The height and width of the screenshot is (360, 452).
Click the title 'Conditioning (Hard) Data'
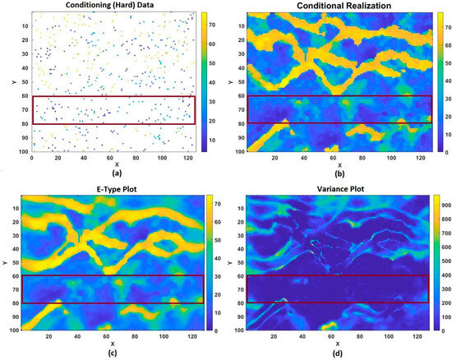click(x=112, y=7)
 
